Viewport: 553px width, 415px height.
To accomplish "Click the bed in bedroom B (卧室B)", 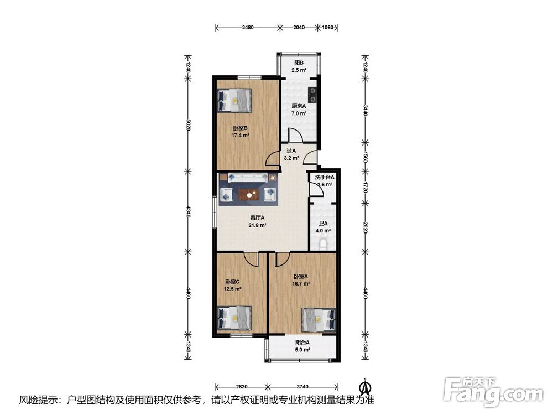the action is [x=234, y=100].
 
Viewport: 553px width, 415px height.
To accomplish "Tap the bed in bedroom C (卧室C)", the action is [x=234, y=318].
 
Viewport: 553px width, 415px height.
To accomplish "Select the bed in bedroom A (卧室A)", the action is [x=319, y=320].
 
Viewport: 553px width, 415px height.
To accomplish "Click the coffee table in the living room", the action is [x=249, y=194].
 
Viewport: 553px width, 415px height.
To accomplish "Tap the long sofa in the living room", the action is [x=247, y=178].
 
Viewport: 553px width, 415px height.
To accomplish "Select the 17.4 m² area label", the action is [x=240, y=136].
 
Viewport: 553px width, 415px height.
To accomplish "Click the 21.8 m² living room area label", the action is [x=257, y=225].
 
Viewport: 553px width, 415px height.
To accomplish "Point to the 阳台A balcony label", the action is [x=302, y=343].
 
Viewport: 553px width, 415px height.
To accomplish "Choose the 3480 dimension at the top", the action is [x=248, y=27].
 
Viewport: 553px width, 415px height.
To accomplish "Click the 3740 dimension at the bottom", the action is [x=302, y=387].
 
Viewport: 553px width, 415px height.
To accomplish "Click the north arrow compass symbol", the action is [x=364, y=387].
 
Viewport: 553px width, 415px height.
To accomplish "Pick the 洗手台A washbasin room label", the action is [x=325, y=177].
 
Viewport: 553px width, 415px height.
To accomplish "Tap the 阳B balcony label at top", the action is [x=299, y=63].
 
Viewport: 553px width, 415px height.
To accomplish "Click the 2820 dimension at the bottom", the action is [x=242, y=387].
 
